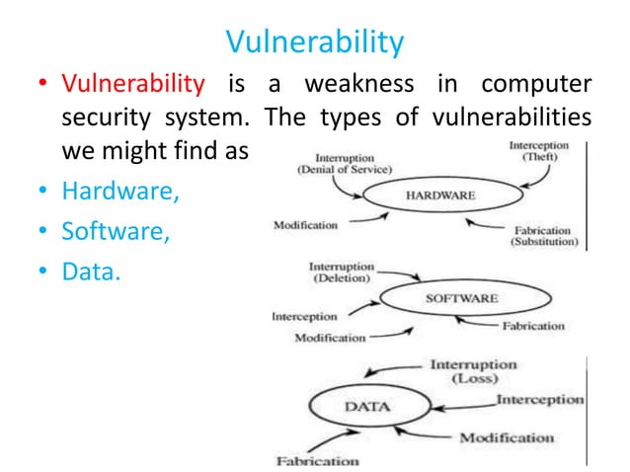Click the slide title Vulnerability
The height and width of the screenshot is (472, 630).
[315, 41]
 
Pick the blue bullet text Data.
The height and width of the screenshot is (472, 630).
[90, 271]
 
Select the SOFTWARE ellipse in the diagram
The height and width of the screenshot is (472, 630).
[462, 297]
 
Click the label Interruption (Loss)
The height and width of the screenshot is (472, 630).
[472, 371]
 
